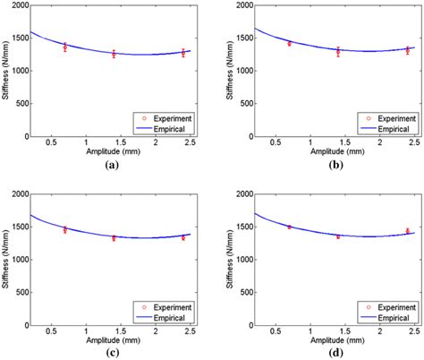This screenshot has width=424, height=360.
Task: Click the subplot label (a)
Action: coord(109,166)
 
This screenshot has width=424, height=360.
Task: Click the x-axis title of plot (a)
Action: coord(109,152)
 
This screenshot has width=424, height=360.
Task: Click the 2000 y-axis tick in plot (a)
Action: coord(19,5)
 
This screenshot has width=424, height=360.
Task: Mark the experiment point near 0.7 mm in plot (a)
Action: coord(64,47)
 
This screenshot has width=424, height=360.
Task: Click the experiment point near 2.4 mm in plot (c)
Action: coord(183,237)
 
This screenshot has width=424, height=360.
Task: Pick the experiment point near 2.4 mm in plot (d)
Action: coord(407,231)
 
